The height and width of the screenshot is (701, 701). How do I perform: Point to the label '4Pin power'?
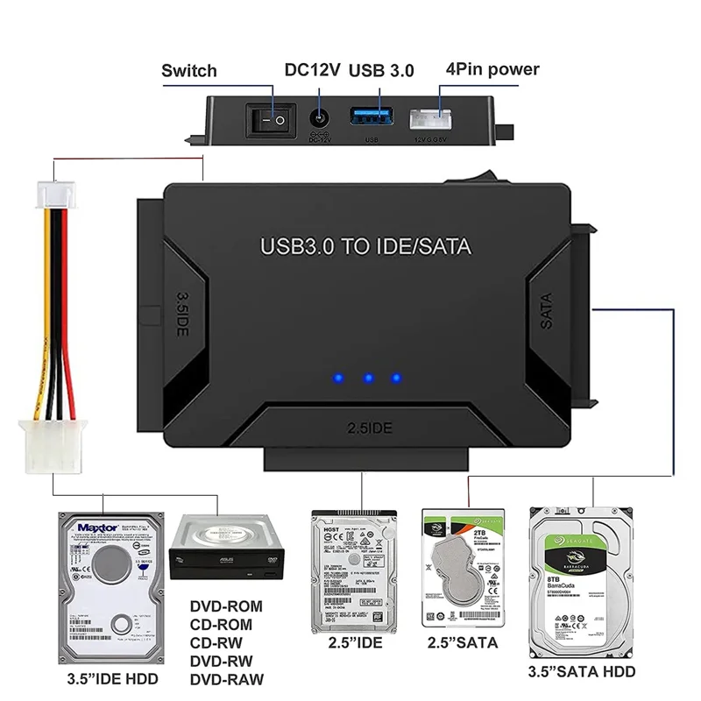492,69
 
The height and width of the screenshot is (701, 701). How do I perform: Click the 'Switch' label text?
189,70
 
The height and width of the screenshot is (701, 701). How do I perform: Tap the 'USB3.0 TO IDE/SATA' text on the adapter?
365,245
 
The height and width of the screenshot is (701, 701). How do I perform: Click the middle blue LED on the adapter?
369,379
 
